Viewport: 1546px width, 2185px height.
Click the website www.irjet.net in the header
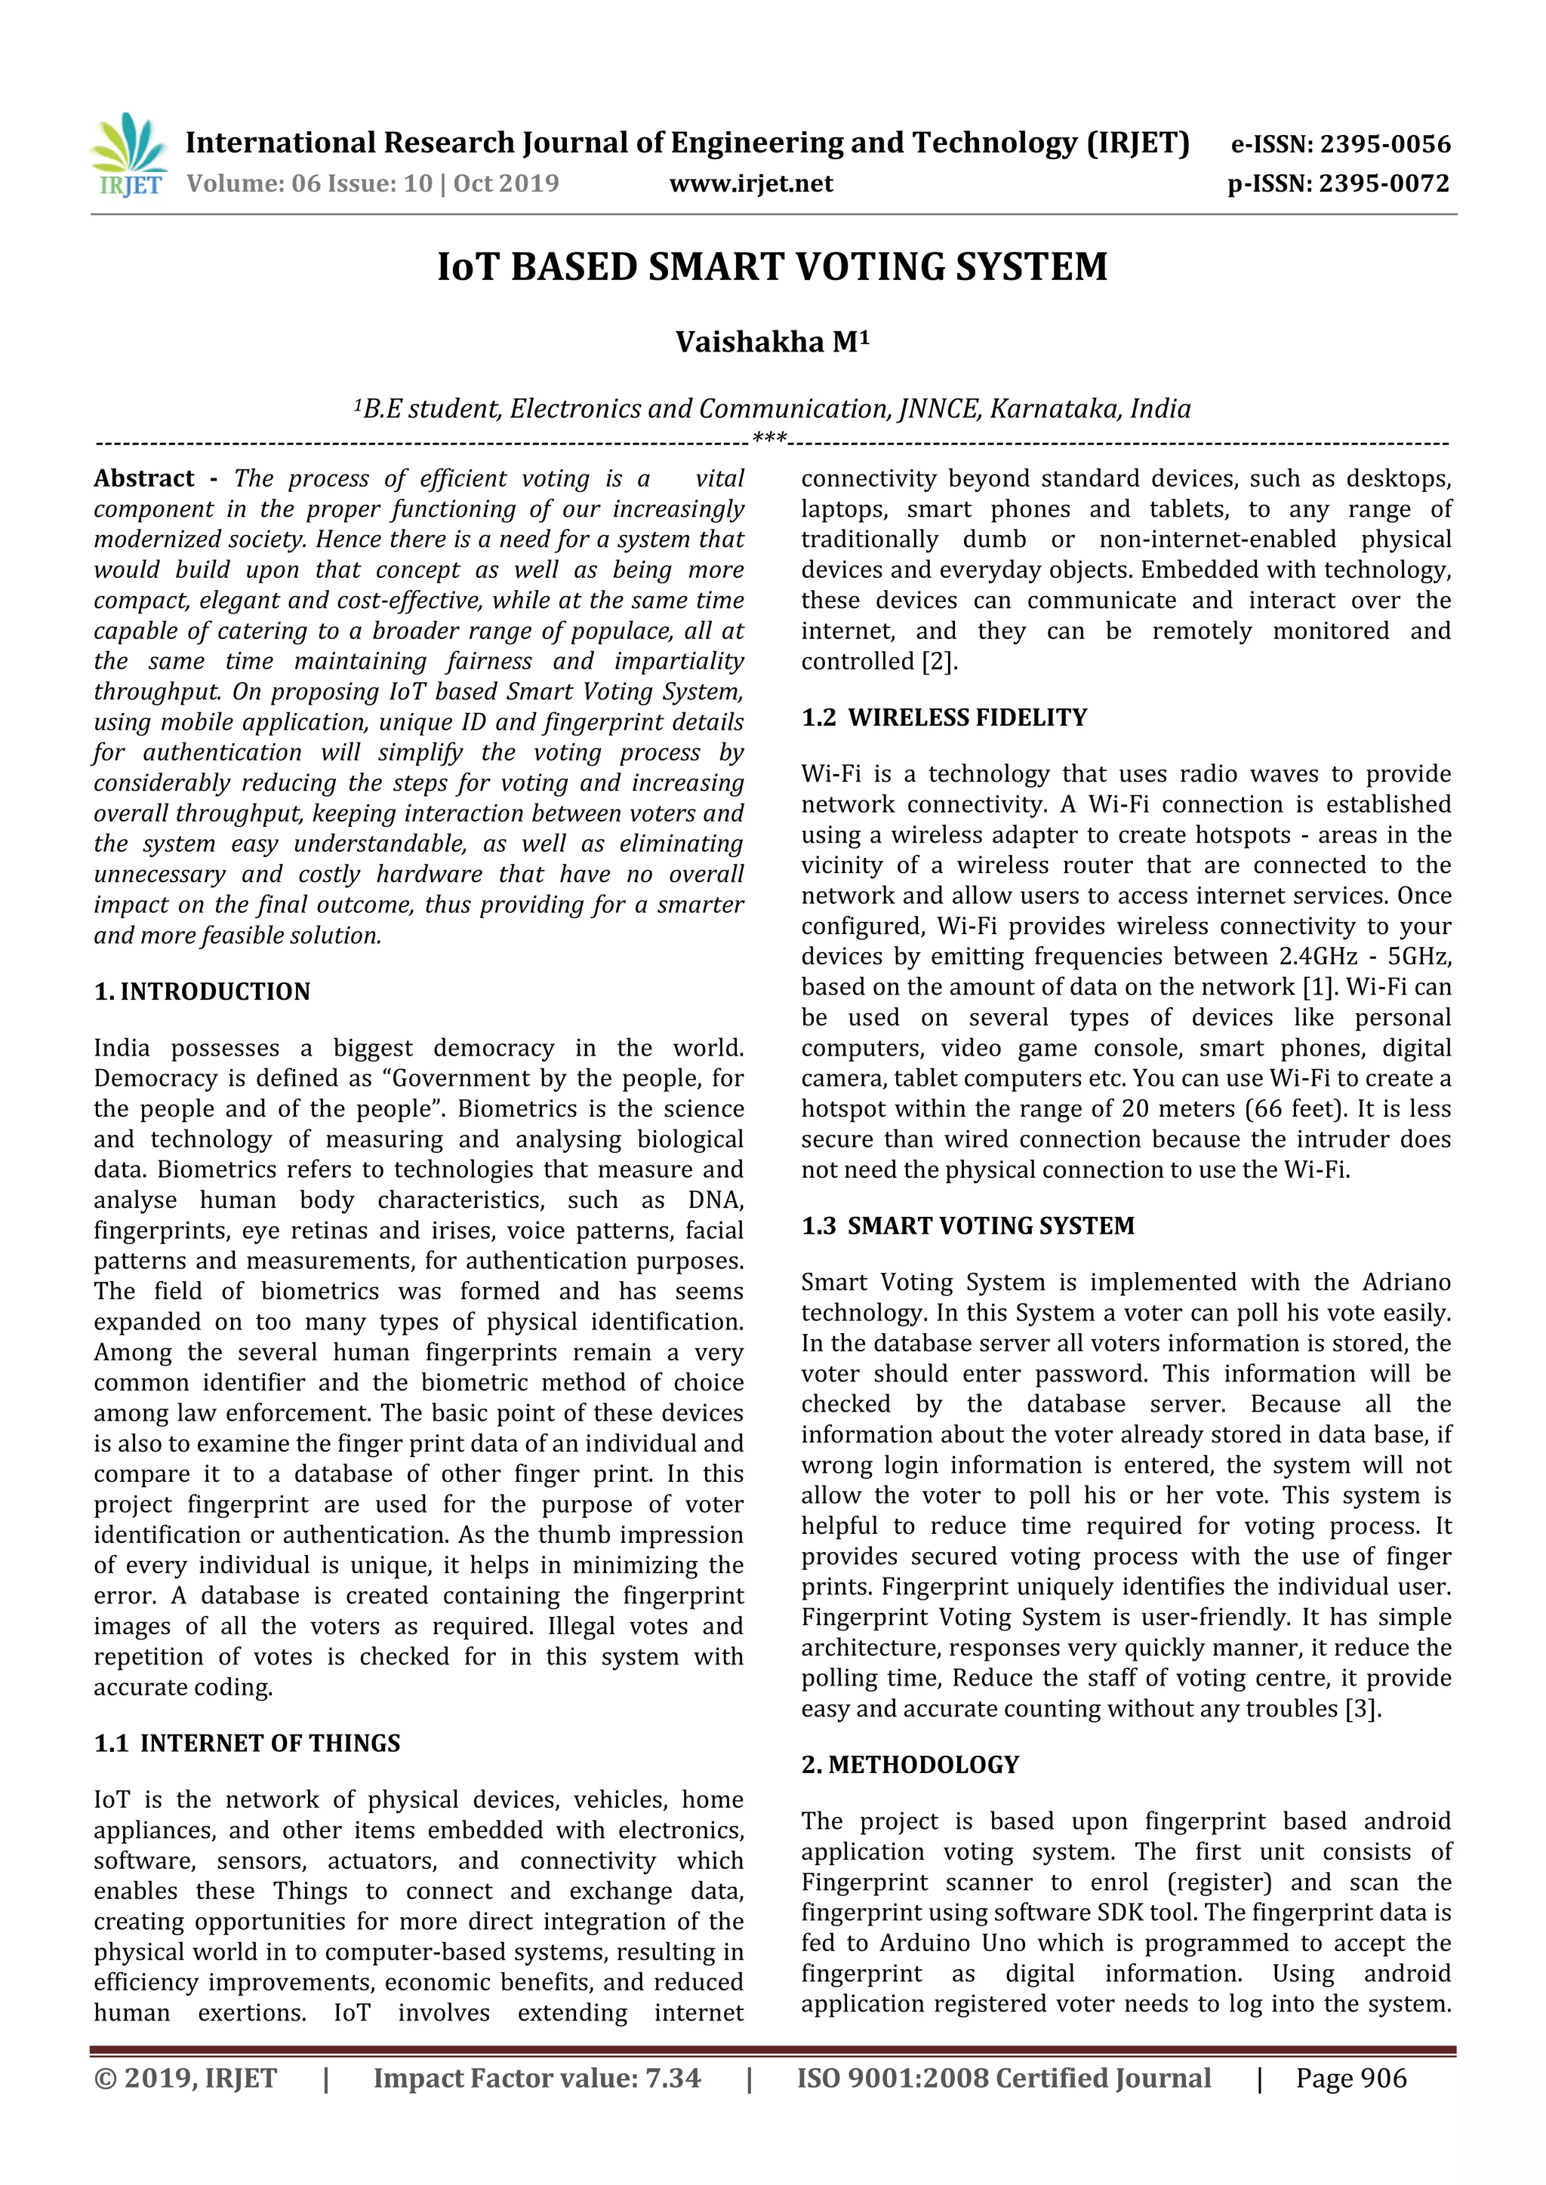(x=751, y=183)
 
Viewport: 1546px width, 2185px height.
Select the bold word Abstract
(x=143, y=478)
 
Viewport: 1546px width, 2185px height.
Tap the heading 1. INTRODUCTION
(x=202, y=991)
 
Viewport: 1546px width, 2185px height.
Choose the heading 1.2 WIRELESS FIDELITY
(x=944, y=718)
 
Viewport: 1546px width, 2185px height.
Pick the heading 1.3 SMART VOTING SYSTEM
(x=967, y=1226)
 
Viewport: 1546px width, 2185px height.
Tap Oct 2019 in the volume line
(x=507, y=183)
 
